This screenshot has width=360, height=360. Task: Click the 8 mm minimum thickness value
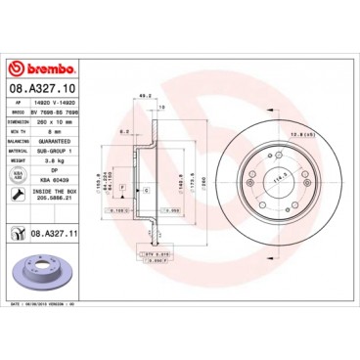point(68,132)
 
